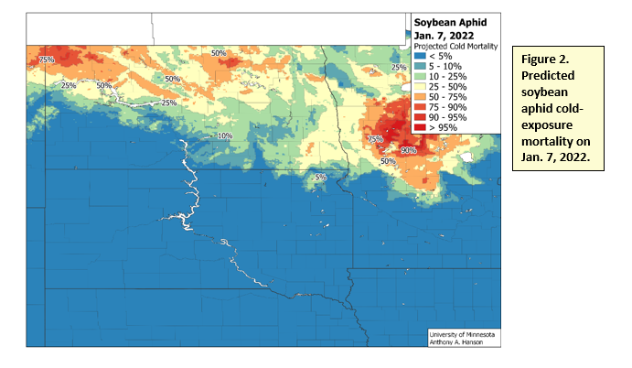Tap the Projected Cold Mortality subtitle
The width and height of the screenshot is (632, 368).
pos(453,44)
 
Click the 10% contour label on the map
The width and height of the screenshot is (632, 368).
pos(224,136)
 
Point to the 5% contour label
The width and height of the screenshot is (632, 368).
pos(320,177)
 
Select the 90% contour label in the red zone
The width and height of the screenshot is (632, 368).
pos(408,149)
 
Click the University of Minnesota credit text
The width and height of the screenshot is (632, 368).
pos(463,334)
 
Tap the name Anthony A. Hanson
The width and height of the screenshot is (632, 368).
pos(457,342)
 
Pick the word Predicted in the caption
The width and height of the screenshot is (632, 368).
pos(552,75)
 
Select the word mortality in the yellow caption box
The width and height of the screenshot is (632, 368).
pos(554,143)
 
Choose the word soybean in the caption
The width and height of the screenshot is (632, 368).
pos(550,92)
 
